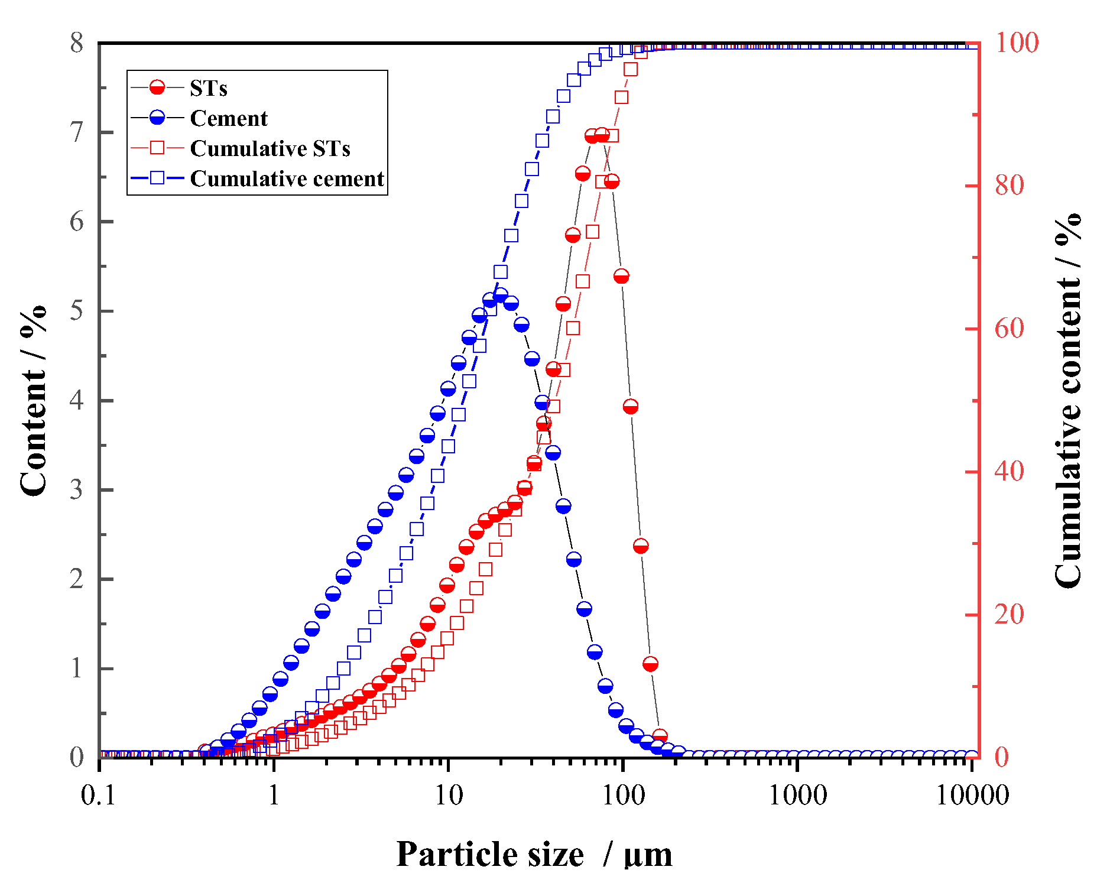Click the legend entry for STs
(x=208, y=88)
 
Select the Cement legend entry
(x=228, y=118)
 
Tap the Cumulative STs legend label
(x=270, y=148)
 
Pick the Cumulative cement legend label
(x=287, y=179)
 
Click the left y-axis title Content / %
(x=33, y=401)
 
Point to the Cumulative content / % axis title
(x=1067, y=401)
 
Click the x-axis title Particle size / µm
(x=534, y=854)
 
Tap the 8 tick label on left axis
(x=77, y=43)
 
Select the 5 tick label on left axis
(x=77, y=311)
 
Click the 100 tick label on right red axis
(x=1017, y=43)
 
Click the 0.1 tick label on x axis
(x=98, y=796)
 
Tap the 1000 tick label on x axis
(x=797, y=796)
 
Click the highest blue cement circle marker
(x=500, y=295)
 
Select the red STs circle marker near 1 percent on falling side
(x=650, y=664)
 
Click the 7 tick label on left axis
(x=77, y=132)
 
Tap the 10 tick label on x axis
(x=449, y=796)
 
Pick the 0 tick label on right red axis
(x=1002, y=758)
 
